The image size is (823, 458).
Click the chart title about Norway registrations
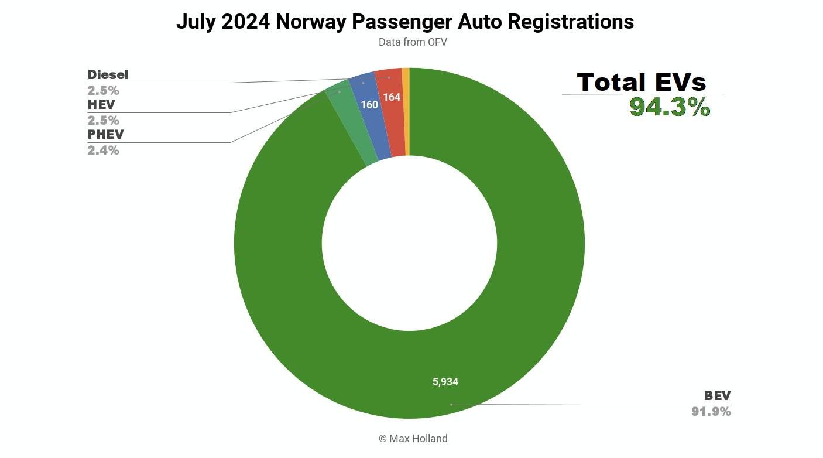(404, 22)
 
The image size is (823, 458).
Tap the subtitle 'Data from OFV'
(413, 42)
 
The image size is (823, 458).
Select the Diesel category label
(108, 75)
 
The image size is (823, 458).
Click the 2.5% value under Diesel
(103, 90)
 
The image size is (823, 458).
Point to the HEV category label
(101, 105)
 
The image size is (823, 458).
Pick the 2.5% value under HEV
(103, 120)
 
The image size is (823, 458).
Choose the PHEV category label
(105, 135)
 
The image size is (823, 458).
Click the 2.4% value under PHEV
(103, 150)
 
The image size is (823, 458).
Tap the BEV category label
(717, 395)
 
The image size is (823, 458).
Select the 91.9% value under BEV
(711, 411)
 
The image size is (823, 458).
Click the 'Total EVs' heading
(642, 82)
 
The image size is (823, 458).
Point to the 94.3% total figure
(670, 107)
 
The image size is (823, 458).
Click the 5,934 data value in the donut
(445, 382)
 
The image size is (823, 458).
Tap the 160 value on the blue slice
(369, 105)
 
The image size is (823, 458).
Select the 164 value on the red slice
(392, 97)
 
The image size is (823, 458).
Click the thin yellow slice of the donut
(406, 111)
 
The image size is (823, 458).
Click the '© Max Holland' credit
(413, 438)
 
